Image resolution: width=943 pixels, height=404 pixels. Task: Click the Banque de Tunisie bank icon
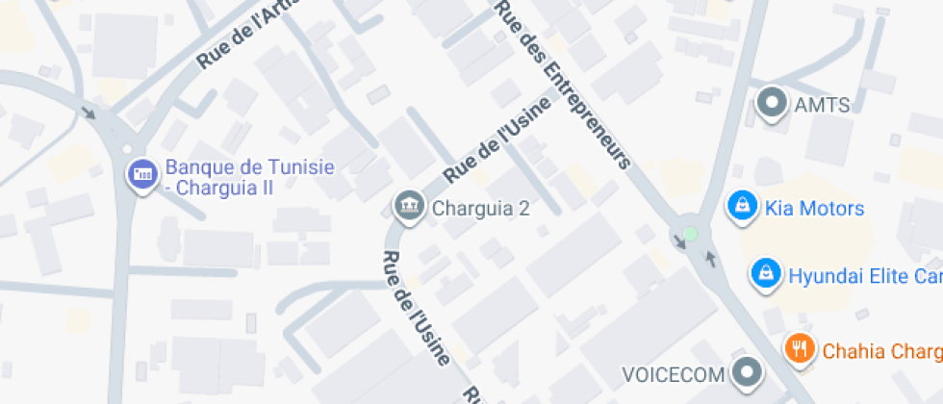[143, 173]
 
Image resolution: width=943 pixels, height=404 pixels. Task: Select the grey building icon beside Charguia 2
[409, 204]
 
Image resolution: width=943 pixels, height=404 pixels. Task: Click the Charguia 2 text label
[481, 207]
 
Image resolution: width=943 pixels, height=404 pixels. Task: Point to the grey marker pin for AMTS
[771, 102]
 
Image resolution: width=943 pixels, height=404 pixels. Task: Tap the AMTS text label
[823, 105]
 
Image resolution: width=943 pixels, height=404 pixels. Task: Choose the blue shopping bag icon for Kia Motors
[742, 205]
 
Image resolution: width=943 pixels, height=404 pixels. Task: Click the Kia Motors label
[814, 208]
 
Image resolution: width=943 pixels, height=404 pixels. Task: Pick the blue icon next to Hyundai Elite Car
[765, 272]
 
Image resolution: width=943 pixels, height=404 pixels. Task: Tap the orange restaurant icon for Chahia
[799, 346]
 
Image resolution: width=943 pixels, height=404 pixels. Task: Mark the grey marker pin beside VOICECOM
[746, 371]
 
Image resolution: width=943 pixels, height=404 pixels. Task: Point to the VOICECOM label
[674, 373]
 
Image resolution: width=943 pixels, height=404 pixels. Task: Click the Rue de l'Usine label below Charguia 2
[416, 309]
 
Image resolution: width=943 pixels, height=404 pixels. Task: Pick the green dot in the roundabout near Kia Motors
[690, 233]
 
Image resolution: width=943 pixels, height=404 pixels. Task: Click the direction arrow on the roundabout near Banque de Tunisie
[89, 112]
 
